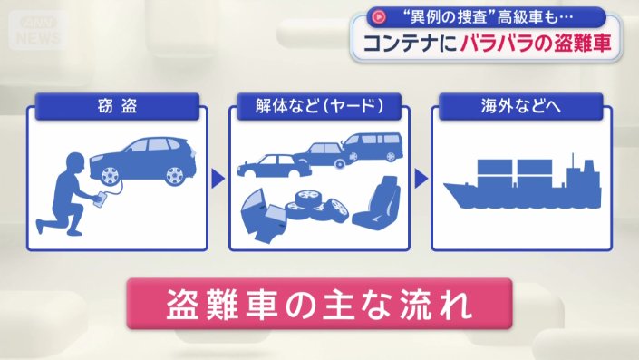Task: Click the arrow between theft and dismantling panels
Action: click(x=218, y=177)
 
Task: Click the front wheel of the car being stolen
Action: click(x=111, y=176)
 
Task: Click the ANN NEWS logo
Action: click(x=37, y=31)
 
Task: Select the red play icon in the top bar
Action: click(x=377, y=15)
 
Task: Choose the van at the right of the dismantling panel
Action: click(x=372, y=146)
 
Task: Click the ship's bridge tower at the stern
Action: click(x=584, y=172)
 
